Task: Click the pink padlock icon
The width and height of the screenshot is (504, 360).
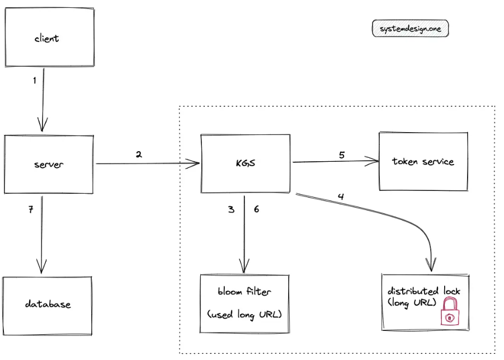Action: (450, 311)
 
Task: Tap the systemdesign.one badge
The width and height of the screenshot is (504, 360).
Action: (410, 29)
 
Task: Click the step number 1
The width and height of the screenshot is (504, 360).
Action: (34, 81)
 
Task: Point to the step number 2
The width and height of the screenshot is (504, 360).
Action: (139, 155)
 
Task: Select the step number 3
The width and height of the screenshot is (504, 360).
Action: (231, 209)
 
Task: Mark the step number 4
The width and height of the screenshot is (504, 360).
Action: (341, 197)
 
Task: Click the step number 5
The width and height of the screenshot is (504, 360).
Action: (342, 155)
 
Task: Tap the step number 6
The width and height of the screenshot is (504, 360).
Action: (256, 209)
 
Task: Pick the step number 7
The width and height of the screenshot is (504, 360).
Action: (31, 210)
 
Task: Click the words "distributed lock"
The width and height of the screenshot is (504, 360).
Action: (423, 291)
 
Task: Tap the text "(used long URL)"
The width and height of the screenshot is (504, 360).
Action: (244, 314)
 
